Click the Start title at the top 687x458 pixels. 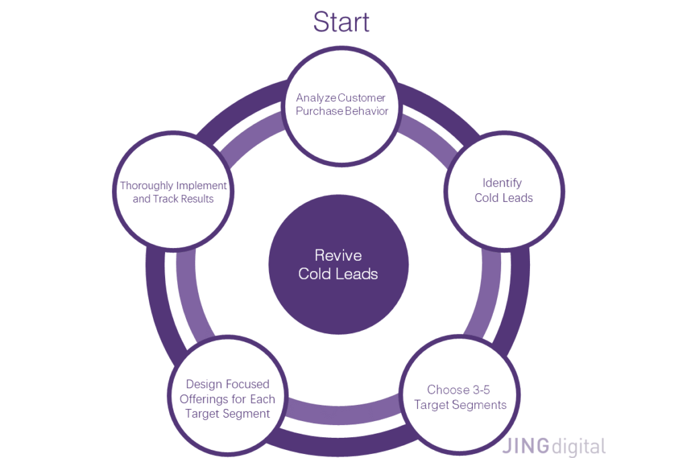[341, 21]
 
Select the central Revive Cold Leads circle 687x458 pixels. [338, 264]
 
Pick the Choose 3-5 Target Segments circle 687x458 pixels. [460, 397]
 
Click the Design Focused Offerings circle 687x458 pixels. [227, 398]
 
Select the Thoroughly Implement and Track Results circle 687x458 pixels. [173, 192]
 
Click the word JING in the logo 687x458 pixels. [525, 446]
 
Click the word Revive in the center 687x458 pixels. [338, 255]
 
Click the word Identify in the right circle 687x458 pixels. [502, 182]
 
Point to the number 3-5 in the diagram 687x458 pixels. [478, 390]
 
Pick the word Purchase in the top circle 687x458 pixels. [319, 111]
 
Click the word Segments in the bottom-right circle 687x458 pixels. [478, 405]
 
